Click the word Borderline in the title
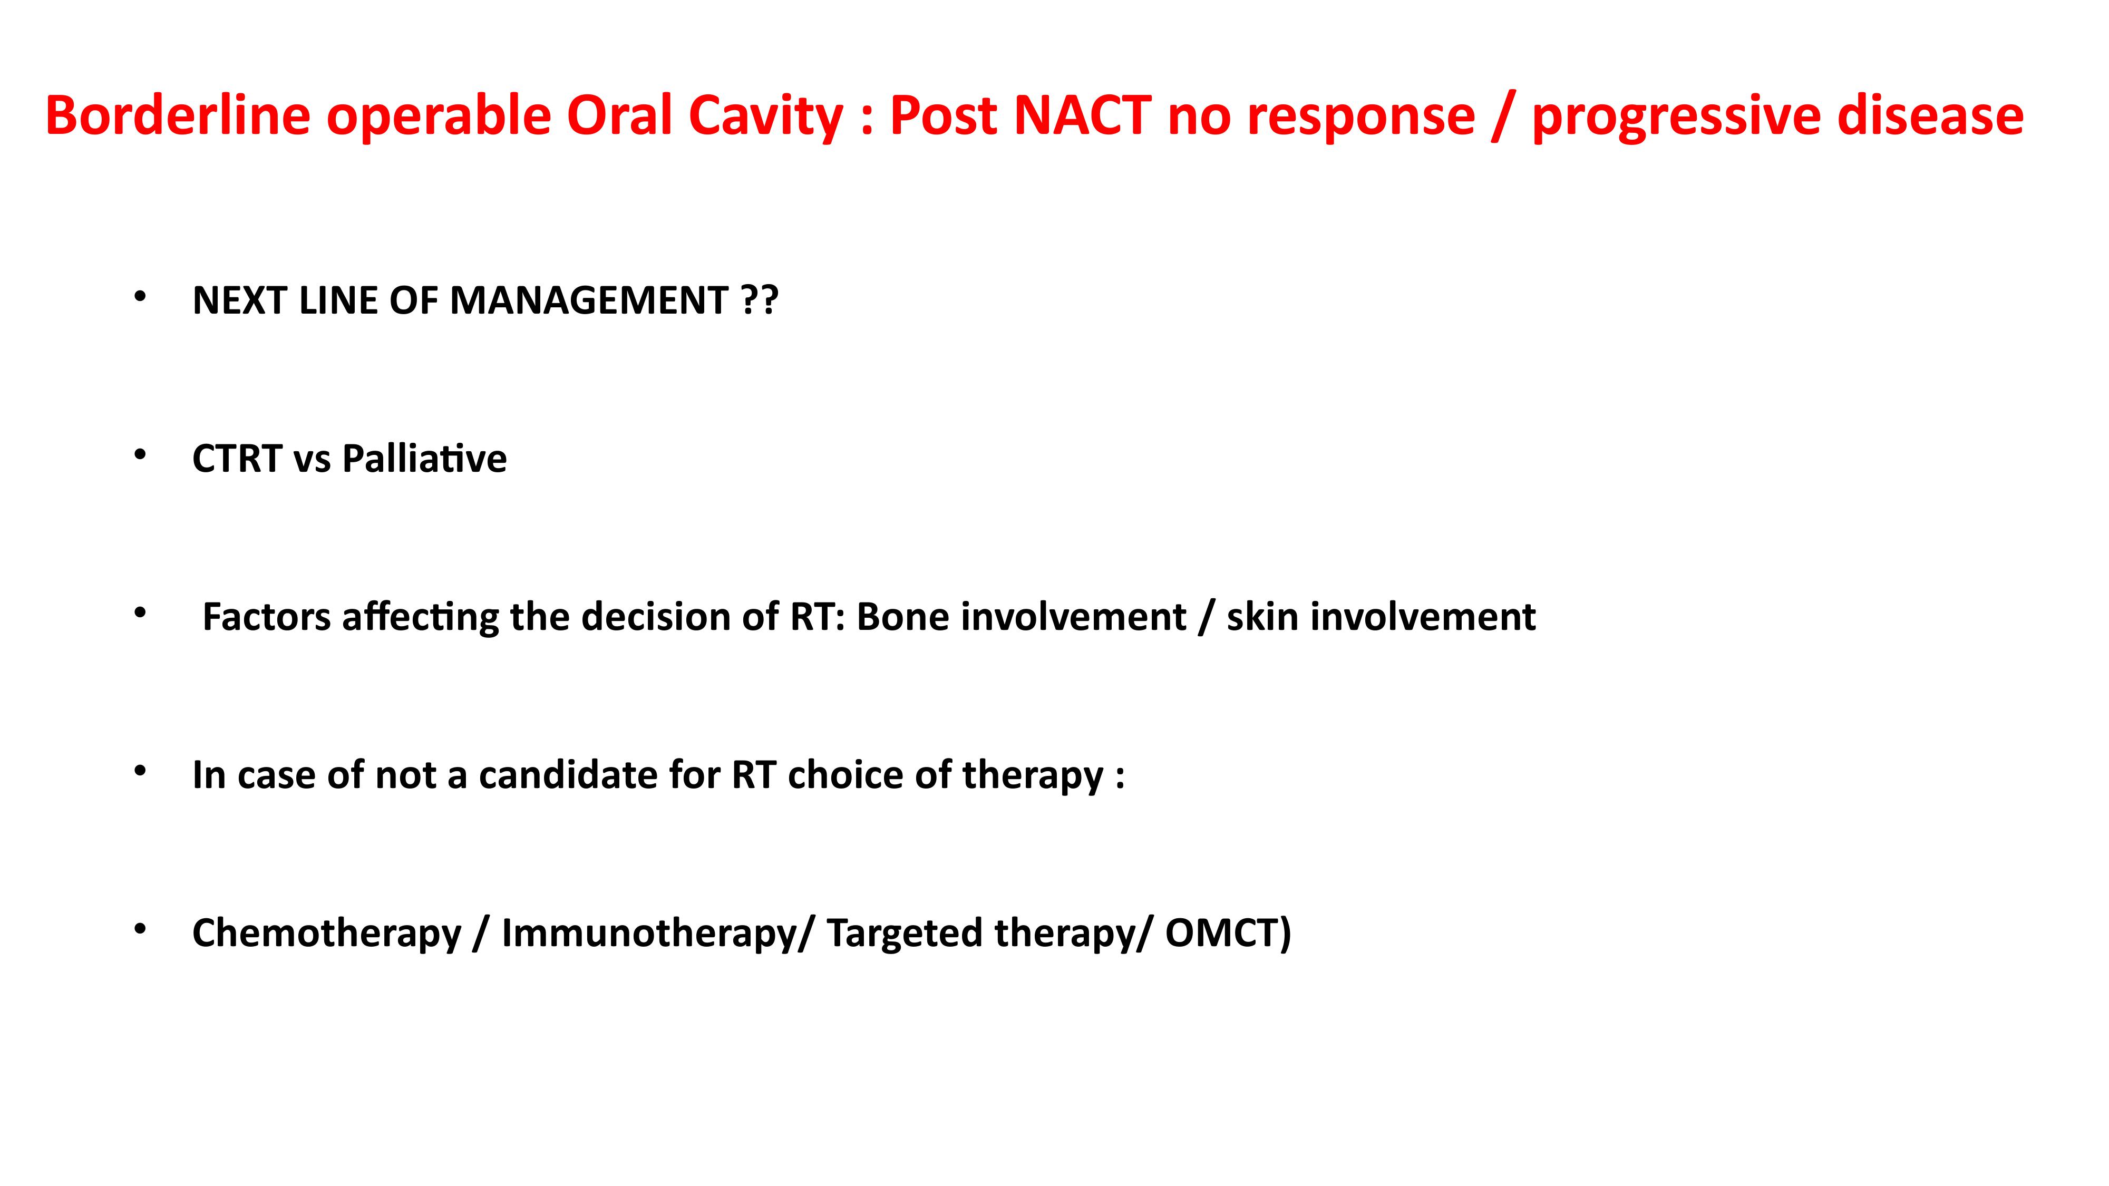[x=178, y=115]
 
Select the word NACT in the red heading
[x=1082, y=115]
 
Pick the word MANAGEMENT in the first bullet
[x=589, y=300]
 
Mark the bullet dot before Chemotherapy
[x=140, y=929]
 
